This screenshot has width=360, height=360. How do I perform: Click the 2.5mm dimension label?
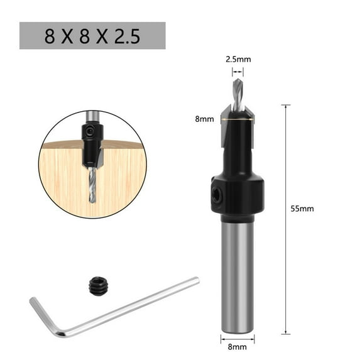pyautogui.click(x=238, y=60)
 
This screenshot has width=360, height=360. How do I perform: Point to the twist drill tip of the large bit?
pyautogui.click(x=237, y=94)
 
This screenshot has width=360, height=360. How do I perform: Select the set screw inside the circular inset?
pyautogui.click(x=90, y=132)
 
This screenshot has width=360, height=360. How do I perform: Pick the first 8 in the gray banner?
pyautogui.click(x=50, y=36)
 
